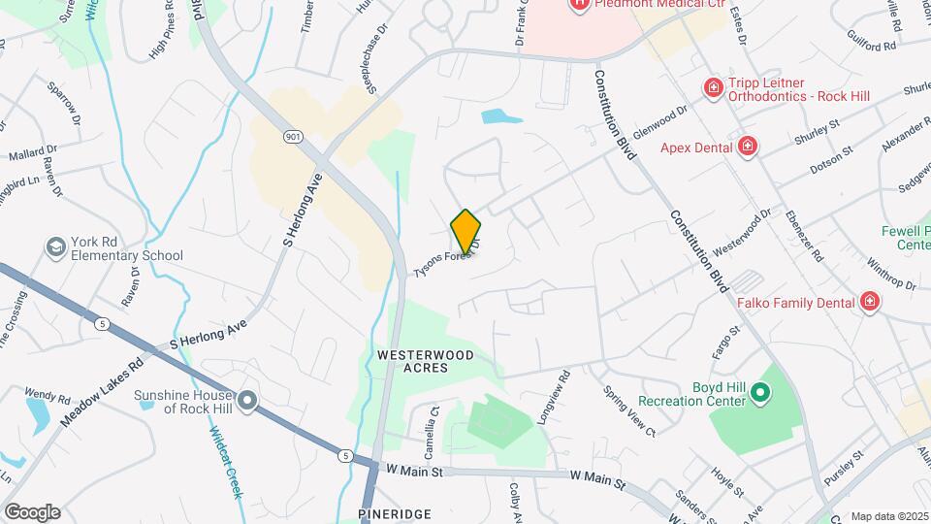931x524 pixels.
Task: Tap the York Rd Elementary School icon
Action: point(55,247)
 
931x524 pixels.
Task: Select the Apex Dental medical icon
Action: point(748,147)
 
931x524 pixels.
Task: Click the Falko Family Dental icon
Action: point(870,302)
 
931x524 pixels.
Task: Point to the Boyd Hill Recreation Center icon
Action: point(760,395)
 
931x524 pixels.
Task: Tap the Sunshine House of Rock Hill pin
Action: point(248,400)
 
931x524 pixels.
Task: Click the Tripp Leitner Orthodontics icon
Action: point(714,88)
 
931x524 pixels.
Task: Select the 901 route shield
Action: point(293,137)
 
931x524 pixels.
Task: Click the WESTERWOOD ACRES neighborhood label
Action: point(426,361)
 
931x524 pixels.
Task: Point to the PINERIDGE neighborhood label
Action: point(394,512)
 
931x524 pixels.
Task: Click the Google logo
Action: point(32,511)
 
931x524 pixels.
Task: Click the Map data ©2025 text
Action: point(888,516)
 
